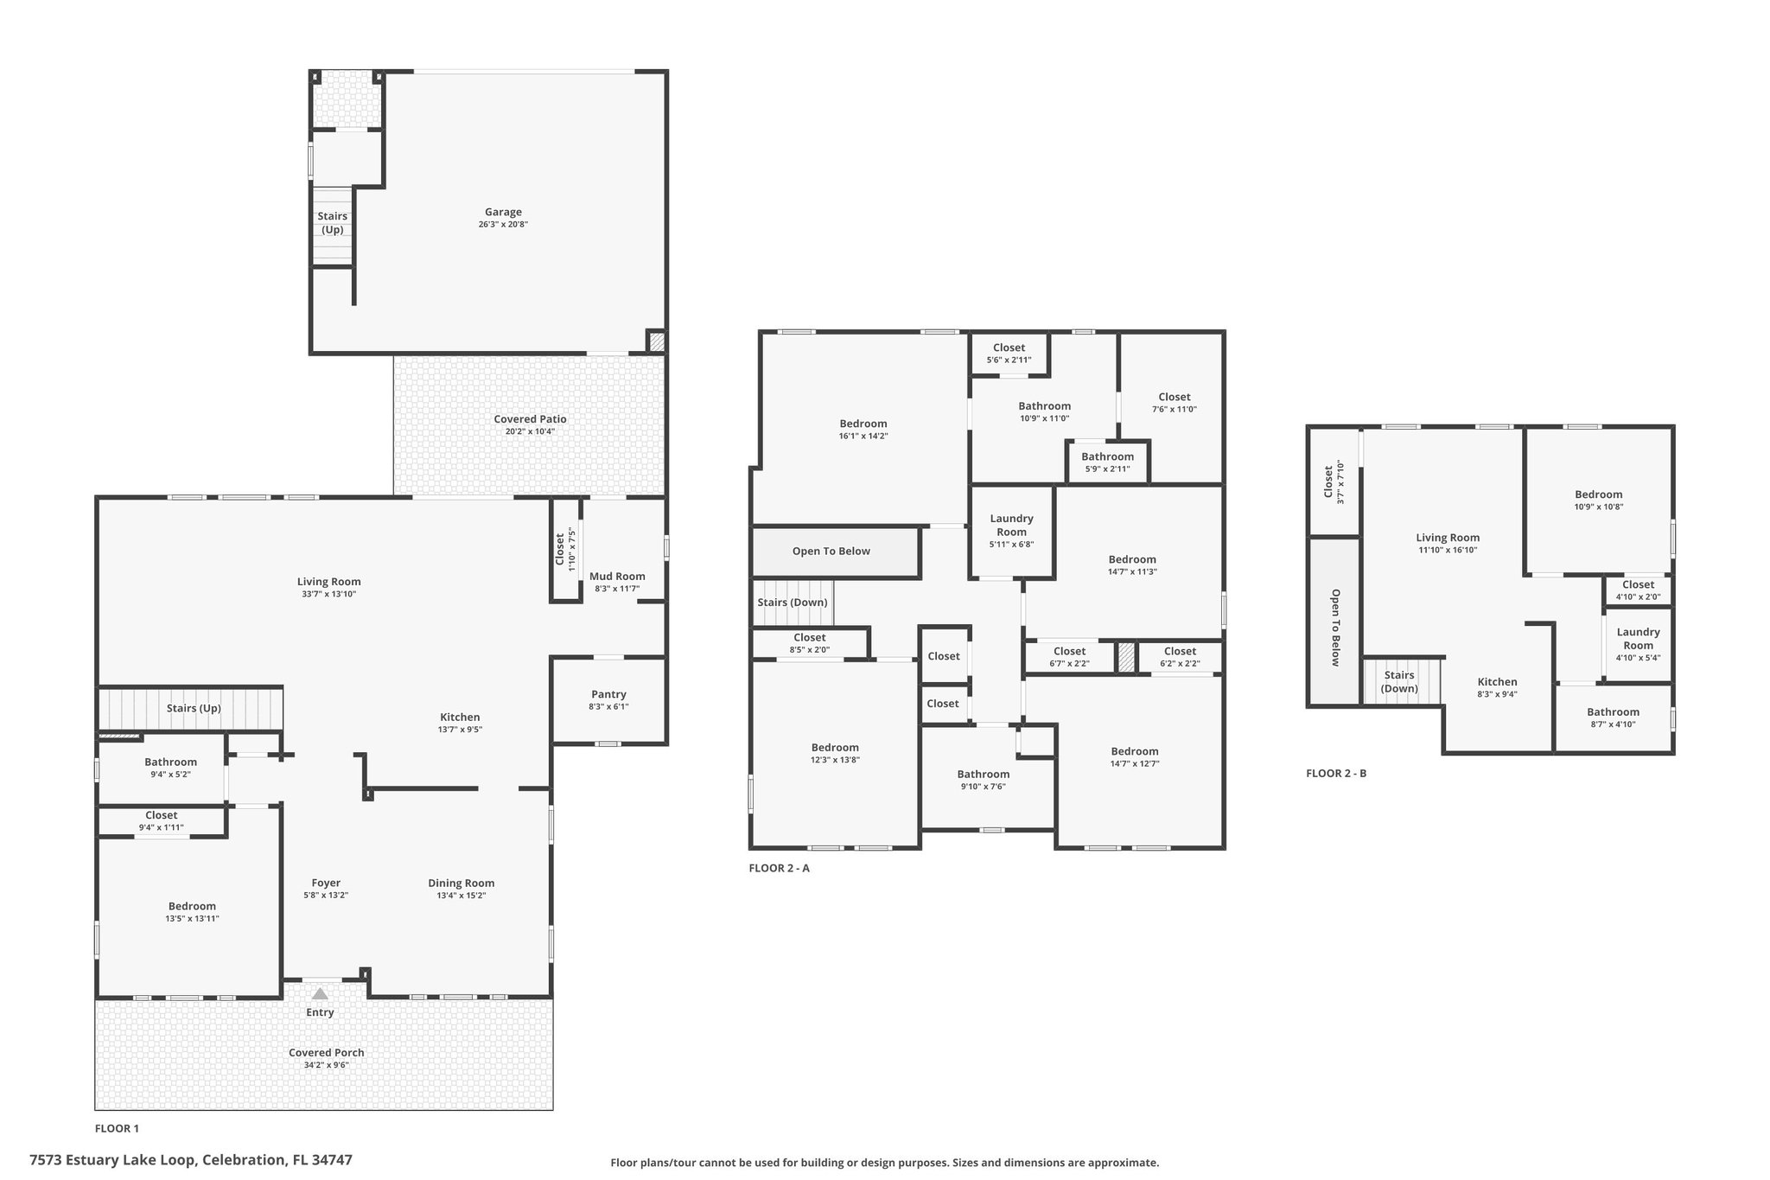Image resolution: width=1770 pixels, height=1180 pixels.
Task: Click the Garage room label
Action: coord(503,212)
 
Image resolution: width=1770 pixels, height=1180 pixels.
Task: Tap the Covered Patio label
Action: coord(530,419)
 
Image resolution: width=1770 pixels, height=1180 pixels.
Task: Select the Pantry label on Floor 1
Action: coord(608,694)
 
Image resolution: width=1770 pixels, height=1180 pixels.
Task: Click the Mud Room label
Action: coord(617,577)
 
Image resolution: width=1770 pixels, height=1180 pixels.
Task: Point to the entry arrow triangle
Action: coord(320,994)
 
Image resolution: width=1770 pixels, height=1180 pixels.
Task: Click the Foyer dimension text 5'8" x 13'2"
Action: coord(326,896)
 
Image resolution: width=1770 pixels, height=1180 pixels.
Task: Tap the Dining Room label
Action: coord(462,883)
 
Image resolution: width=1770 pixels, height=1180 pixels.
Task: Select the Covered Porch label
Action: coord(327,1052)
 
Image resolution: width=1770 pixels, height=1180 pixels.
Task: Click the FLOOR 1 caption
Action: coord(117,1128)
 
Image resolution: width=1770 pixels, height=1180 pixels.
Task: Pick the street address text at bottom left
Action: coord(191,1159)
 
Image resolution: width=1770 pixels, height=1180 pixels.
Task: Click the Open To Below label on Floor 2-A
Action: coord(831,551)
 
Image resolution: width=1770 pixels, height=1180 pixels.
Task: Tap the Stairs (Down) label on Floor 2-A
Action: coord(793,602)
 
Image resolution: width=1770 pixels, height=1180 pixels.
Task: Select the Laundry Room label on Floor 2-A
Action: coord(1011,525)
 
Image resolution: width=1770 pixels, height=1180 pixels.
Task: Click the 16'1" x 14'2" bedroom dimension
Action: coord(863,436)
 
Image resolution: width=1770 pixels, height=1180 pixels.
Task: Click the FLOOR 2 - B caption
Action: coord(1336,773)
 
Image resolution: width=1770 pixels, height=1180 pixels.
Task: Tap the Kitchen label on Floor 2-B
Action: coord(1497,681)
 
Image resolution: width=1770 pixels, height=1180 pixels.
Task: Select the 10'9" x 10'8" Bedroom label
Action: coord(1598,494)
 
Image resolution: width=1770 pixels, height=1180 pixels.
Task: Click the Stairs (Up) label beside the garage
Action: coord(333,223)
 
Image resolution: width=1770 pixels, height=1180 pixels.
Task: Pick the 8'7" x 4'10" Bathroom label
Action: coord(1613,712)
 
